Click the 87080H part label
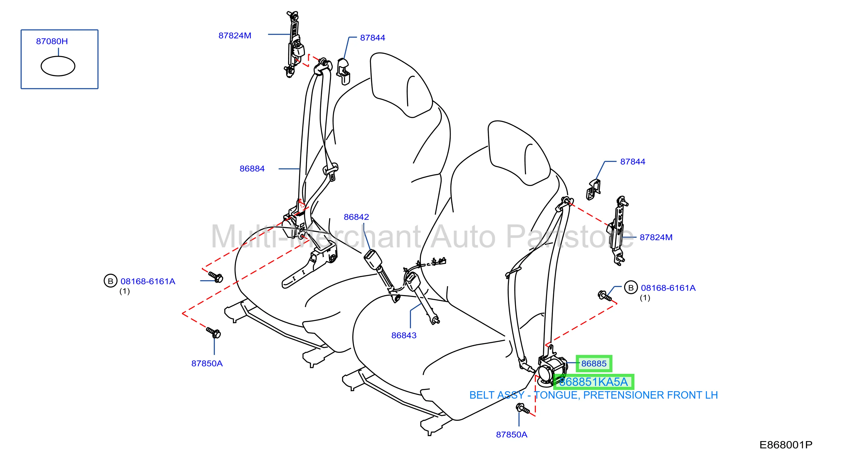point(52,41)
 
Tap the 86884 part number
point(252,169)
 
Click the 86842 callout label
point(356,217)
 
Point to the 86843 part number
point(404,335)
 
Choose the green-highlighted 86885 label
point(594,364)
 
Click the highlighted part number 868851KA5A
point(593,382)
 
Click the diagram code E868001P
point(786,445)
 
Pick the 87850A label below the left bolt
point(207,364)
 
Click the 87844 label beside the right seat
point(633,161)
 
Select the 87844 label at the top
point(372,38)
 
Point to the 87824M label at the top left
point(235,35)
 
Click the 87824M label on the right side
point(656,237)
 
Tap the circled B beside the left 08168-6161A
point(110,281)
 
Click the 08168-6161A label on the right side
point(668,288)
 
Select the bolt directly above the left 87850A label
point(214,333)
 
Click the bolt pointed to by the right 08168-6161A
point(605,296)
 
